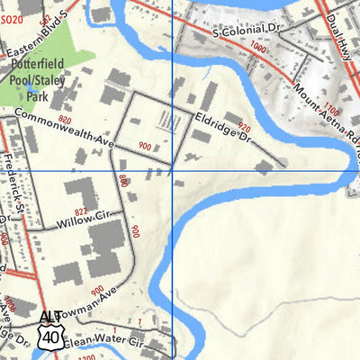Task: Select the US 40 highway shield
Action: click(50, 337)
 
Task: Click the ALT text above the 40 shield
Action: click(50, 318)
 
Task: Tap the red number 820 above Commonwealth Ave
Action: click(64, 120)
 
